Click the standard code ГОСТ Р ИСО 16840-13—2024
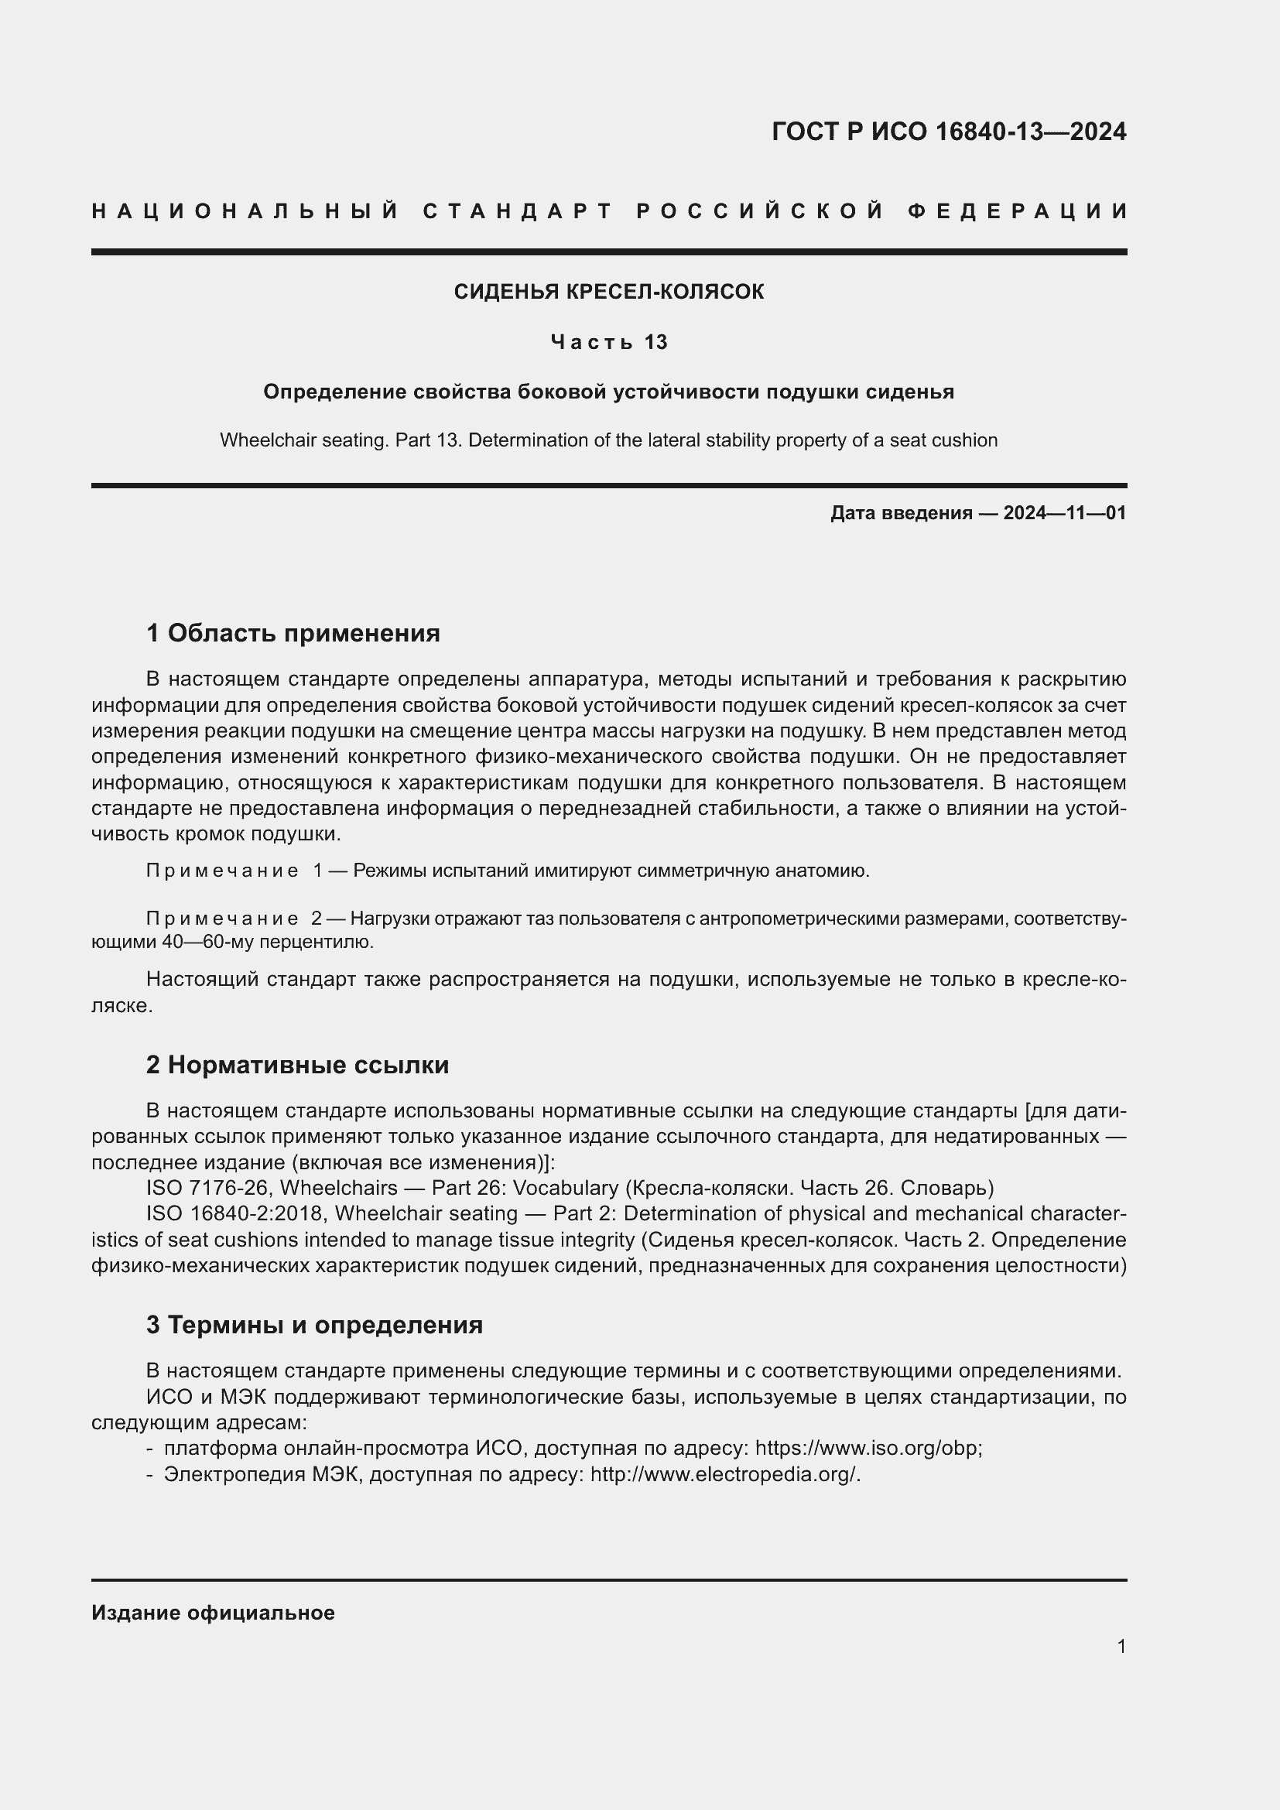click(x=948, y=132)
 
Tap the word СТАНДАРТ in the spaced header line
click(x=518, y=211)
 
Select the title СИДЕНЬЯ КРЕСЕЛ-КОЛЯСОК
click(x=608, y=292)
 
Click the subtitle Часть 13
click(x=608, y=342)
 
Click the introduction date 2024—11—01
click(x=1064, y=513)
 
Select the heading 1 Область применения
click(x=293, y=633)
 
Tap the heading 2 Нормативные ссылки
click(x=297, y=1065)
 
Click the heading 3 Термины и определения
click(x=313, y=1325)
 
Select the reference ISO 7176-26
click(x=209, y=1188)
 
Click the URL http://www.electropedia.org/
click(x=724, y=1474)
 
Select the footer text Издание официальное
click(x=213, y=1613)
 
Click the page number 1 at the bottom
click(x=1121, y=1646)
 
